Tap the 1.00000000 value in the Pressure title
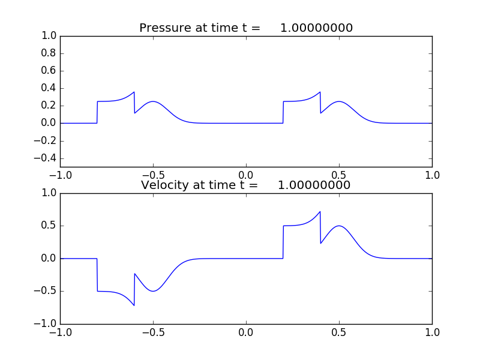pyautogui.click(x=316, y=28)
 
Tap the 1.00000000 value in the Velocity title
pyautogui.click(x=314, y=185)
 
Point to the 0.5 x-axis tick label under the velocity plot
pyautogui.click(x=340, y=332)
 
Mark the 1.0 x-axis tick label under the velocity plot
pyautogui.click(x=432, y=332)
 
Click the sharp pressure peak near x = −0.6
pyautogui.click(x=134, y=92)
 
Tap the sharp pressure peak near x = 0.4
pyautogui.click(x=320, y=92)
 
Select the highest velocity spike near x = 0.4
pyautogui.click(x=320, y=212)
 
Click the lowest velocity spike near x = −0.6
pyautogui.click(x=134, y=305)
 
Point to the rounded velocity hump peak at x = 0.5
pyautogui.click(x=340, y=226)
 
